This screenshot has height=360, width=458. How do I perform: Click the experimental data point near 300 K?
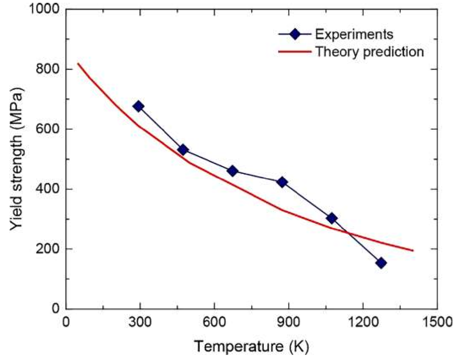pyautogui.click(x=138, y=106)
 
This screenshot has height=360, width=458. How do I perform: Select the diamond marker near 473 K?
pyautogui.click(x=183, y=150)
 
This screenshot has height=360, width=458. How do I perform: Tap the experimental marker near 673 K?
pyautogui.click(x=232, y=171)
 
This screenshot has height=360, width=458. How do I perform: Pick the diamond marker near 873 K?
pyautogui.click(x=282, y=182)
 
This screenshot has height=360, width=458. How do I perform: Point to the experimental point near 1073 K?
pyautogui.click(x=332, y=218)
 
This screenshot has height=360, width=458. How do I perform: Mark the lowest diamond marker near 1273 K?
pyautogui.click(x=381, y=263)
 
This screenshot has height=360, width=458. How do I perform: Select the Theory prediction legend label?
pyautogui.click(x=369, y=52)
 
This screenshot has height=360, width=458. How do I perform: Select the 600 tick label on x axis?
pyautogui.click(x=214, y=322)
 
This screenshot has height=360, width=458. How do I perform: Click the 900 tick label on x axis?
pyautogui.click(x=289, y=322)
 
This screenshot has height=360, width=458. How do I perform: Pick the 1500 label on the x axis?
pyautogui.click(x=437, y=322)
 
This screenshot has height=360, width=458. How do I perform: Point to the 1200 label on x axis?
pyautogui.click(x=363, y=322)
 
